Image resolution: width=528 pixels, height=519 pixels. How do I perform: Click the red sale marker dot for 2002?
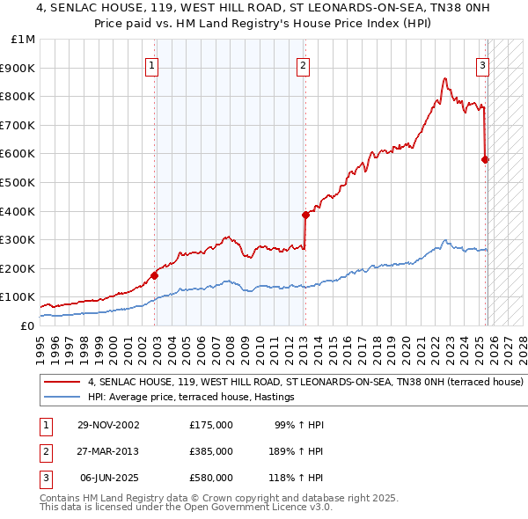click(154, 275)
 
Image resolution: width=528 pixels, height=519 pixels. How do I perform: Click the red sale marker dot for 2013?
click(305, 215)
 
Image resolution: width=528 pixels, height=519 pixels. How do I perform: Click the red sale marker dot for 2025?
click(485, 159)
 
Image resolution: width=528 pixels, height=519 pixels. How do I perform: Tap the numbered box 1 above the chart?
click(152, 64)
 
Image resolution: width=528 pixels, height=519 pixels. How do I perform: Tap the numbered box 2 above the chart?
click(303, 64)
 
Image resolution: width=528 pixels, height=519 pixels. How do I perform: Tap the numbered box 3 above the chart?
click(483, 64)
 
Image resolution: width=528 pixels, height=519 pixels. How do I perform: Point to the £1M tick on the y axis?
click(24, 40)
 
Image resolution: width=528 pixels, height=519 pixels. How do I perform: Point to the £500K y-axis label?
click(19, 183)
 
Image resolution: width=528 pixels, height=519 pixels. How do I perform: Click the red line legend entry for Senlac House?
click(305, 383)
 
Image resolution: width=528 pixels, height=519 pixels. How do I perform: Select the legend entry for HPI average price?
click(190, 398)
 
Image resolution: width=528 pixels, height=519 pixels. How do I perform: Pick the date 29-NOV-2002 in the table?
click(108, 425)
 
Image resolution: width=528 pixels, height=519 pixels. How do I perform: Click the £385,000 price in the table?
click(210, 451)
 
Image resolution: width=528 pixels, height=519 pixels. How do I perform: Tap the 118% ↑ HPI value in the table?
click(297, 478)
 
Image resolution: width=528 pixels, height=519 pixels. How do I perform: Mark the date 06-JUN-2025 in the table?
click(108, 478)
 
